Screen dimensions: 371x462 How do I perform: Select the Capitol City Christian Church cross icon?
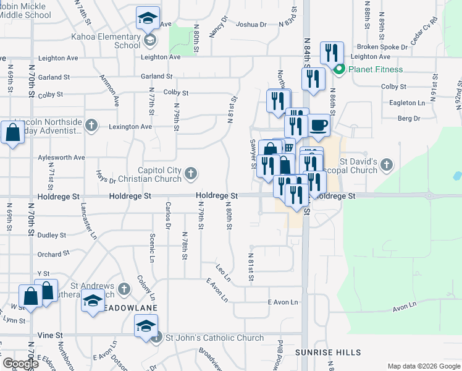pos(191,173)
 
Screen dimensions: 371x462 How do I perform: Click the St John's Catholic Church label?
pos(214,338)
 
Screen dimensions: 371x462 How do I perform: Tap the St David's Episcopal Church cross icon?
pos(387,164)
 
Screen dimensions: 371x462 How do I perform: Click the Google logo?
pos(20,364)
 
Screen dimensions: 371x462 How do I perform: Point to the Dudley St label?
pos(51,235)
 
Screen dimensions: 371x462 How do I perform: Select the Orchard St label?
pos(53,254)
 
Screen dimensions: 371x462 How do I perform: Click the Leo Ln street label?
pos(223,270)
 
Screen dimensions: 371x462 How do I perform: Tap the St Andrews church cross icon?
pos(124,288)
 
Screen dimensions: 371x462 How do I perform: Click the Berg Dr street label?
pos(409,117)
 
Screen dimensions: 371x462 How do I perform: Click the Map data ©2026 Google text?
pos(424,366)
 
